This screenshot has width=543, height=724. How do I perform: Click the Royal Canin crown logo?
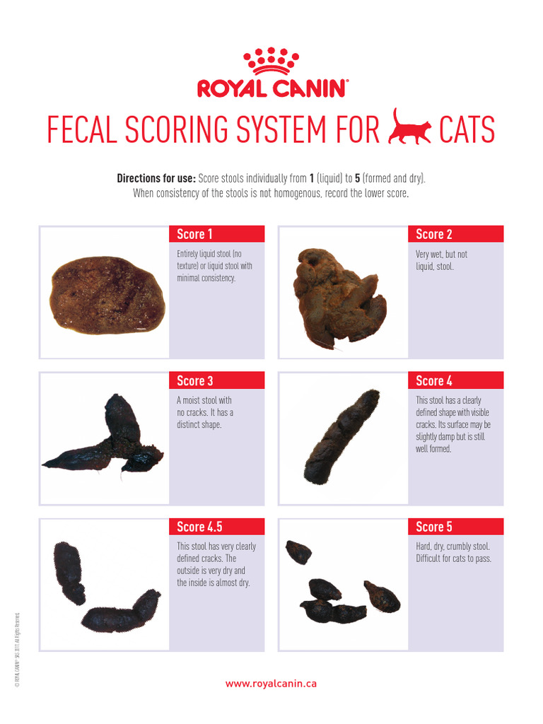271,62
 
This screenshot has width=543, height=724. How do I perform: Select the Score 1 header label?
195,234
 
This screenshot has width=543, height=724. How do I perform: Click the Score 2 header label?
434,234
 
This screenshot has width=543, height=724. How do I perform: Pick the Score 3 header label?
195,381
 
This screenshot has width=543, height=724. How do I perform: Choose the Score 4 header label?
434,381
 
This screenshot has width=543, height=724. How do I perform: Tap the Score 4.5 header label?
200,527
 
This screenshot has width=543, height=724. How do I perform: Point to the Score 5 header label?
434,527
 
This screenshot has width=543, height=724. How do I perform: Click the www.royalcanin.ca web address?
271,684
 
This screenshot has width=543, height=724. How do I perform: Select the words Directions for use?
156,178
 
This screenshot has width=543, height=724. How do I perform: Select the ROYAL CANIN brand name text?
271,88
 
